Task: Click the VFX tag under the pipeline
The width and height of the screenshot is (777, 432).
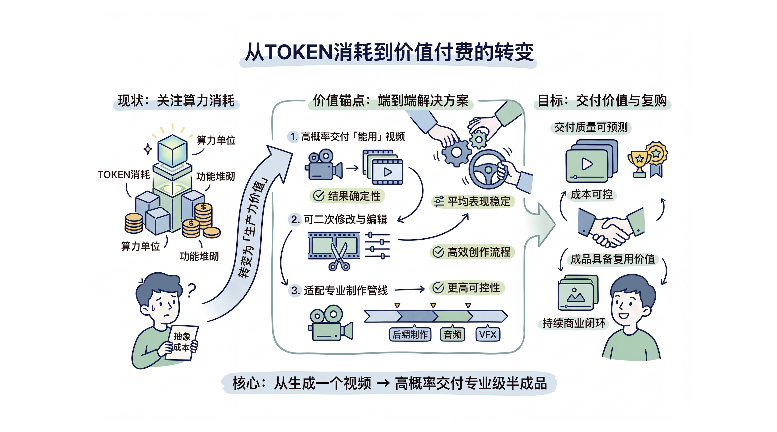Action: (488, 334)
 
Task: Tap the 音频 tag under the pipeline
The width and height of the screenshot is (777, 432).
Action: (453, 334)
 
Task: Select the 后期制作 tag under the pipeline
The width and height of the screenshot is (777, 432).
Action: (410, 334)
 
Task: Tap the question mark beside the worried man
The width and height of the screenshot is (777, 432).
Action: (191, 290)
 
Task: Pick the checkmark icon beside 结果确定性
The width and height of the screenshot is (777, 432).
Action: (319, 196)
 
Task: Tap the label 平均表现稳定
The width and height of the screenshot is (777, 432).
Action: (479, 201)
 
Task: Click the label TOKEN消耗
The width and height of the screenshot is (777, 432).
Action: (124, 175)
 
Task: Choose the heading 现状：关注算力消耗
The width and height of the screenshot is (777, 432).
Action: (176, 101)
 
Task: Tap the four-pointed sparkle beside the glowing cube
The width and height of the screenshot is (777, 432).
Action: (148, 149)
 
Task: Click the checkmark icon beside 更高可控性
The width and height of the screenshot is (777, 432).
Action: (438, 288)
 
